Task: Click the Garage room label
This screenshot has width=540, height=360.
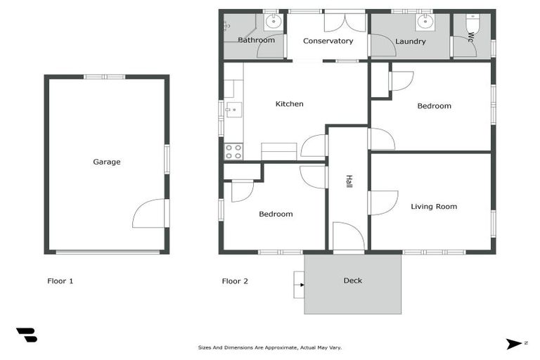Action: coord(107,162)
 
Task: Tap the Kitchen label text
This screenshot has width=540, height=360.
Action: coord(289,104)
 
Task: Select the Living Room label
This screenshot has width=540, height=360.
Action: coord(434,207)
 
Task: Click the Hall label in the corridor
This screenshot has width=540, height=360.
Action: coord(348,181)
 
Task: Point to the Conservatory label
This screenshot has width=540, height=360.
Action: coord(328,41)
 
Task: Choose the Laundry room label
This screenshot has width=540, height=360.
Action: coord(411,41)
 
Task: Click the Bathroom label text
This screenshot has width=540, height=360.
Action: coord(256,40)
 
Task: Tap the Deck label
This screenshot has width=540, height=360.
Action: coord(353,281)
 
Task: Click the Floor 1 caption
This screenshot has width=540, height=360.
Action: coord(60,281)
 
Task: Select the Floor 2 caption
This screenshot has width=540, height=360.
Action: coord(235,281)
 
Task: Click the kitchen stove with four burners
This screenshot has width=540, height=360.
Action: coord(233,151)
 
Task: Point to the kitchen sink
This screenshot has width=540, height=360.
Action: coord(233,110)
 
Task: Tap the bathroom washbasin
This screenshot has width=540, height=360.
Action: coord(272,22)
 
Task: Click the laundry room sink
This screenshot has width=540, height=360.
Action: coord(424,22)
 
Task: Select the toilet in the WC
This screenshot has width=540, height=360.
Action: coord(472,27)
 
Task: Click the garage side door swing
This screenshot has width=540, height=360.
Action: coord(150,214)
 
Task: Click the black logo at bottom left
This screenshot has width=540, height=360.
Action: coord(27,335)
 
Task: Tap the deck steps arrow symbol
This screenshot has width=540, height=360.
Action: coord(298,285)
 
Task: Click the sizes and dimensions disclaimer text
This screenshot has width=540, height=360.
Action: coord(270,347)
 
